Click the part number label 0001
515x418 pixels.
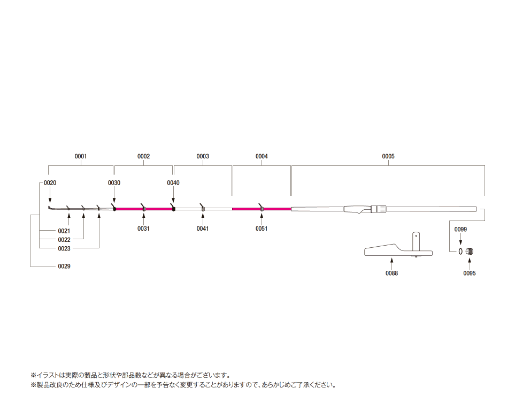click(x=80, y=156)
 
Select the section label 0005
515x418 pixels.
click(x=388, y=156)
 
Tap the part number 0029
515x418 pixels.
click(x=64, y=266)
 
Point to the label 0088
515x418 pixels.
click(x=391, y=273)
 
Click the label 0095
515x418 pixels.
click(x=470, y=273)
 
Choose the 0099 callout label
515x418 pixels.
click(x=460, y=230)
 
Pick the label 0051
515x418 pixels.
click(x=262, y=229)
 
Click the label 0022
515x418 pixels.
click(x=64, y=240)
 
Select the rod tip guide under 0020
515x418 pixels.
click(x=49, y=208)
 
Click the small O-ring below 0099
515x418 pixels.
click(x=460, y=252)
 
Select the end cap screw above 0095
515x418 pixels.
click(x=470, y=252)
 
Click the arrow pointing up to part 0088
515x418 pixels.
click(x=391, y=263)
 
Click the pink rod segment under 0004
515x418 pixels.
click(x=262, y=209)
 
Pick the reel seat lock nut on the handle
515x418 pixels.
click(x=381, y=209)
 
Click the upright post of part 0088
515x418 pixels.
click(x=416, y=241)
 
